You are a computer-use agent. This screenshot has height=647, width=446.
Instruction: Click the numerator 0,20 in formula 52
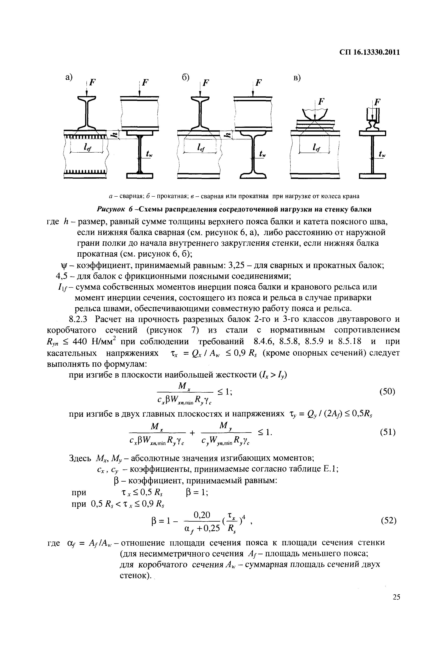[202, 515]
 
